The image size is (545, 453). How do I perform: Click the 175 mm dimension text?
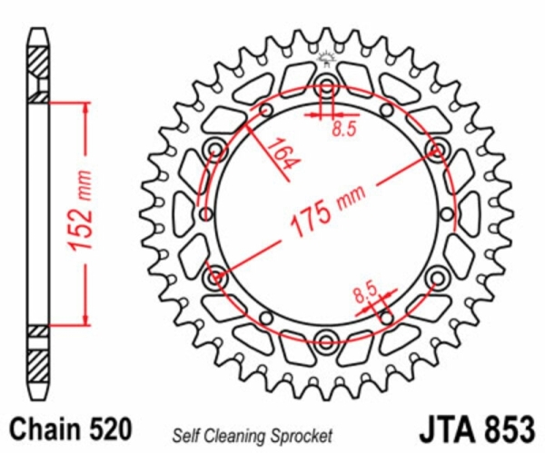pyautogui.click(x=327, y=211)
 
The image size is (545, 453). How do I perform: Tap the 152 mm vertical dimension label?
pyautogui.click(x=81, y=211)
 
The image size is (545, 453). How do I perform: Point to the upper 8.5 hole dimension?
pyautogui.click(x=344, y=129)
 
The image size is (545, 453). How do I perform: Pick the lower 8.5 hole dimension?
pyautogui.click(x=365, y=292)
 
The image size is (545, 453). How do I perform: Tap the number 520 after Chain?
pyautogui.click(x=111, y=428)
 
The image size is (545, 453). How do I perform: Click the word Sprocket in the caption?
pyautogui.click(x=302, y=437)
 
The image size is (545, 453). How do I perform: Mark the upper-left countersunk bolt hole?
pyautogui.click(x=215, y=150)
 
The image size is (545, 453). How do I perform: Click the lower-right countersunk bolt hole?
pyautogui.click(x=437, y=278)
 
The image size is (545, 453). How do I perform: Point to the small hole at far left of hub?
pyautogui.click(x=205, y=214)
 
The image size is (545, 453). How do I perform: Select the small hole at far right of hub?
pyautogui.click(x=447, y=214)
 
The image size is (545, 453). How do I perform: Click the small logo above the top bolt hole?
pyautogui.click(x=327, y=58)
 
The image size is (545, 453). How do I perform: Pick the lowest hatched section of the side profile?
pyautogui.click(x=38, y=365)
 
